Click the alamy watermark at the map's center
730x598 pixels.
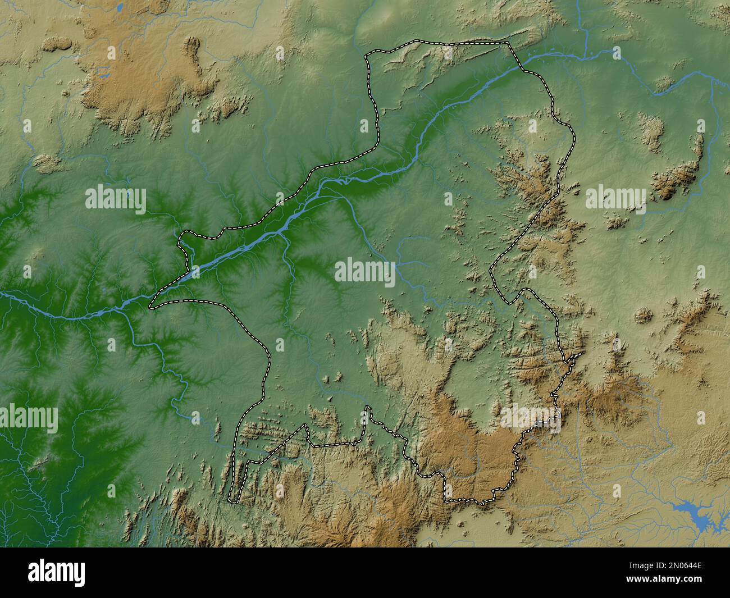pos(365,272)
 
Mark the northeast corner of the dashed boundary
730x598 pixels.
pos(508,43)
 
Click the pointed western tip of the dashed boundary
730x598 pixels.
pos(150,308)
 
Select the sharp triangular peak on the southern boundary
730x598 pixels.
pos(306,425)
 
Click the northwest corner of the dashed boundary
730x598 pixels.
pos(368,55)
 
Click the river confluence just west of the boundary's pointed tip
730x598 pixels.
pos(130,303)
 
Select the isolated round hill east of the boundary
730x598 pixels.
pos(644,316)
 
